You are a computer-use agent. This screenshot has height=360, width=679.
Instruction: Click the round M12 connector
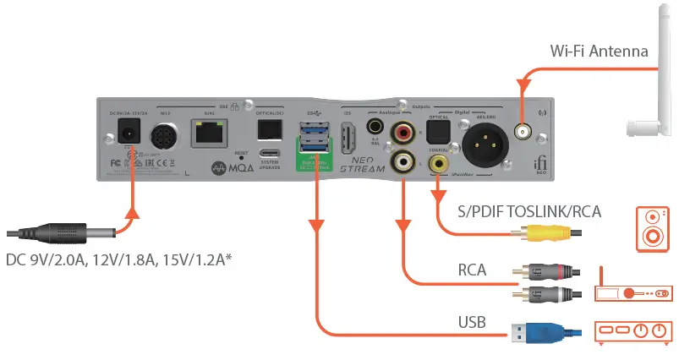pyautogui.click(x=166, y=136)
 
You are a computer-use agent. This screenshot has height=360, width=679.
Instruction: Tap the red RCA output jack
pyautogui.click(x=401, y=132)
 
